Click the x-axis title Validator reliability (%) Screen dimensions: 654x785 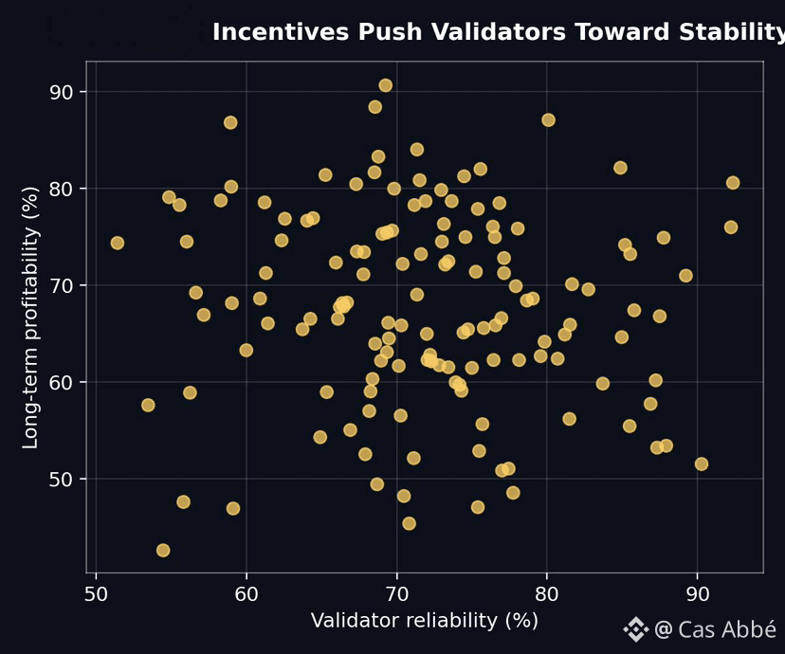(x=424, y=621)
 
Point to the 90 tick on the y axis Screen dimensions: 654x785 (x=64, y=92)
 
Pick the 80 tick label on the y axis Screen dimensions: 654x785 (x=64, y=189)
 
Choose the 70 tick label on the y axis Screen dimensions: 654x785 (x=64, y=285)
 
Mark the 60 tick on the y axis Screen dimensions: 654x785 (x=64, y=382)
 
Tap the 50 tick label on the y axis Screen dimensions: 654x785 (x=64, y=479)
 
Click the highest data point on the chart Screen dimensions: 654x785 (x=385, y=85)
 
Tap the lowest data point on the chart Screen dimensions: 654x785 (x=163, y=551)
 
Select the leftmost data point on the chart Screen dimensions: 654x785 (x=117, y=243)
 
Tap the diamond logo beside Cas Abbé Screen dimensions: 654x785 (x=635, y=629)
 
